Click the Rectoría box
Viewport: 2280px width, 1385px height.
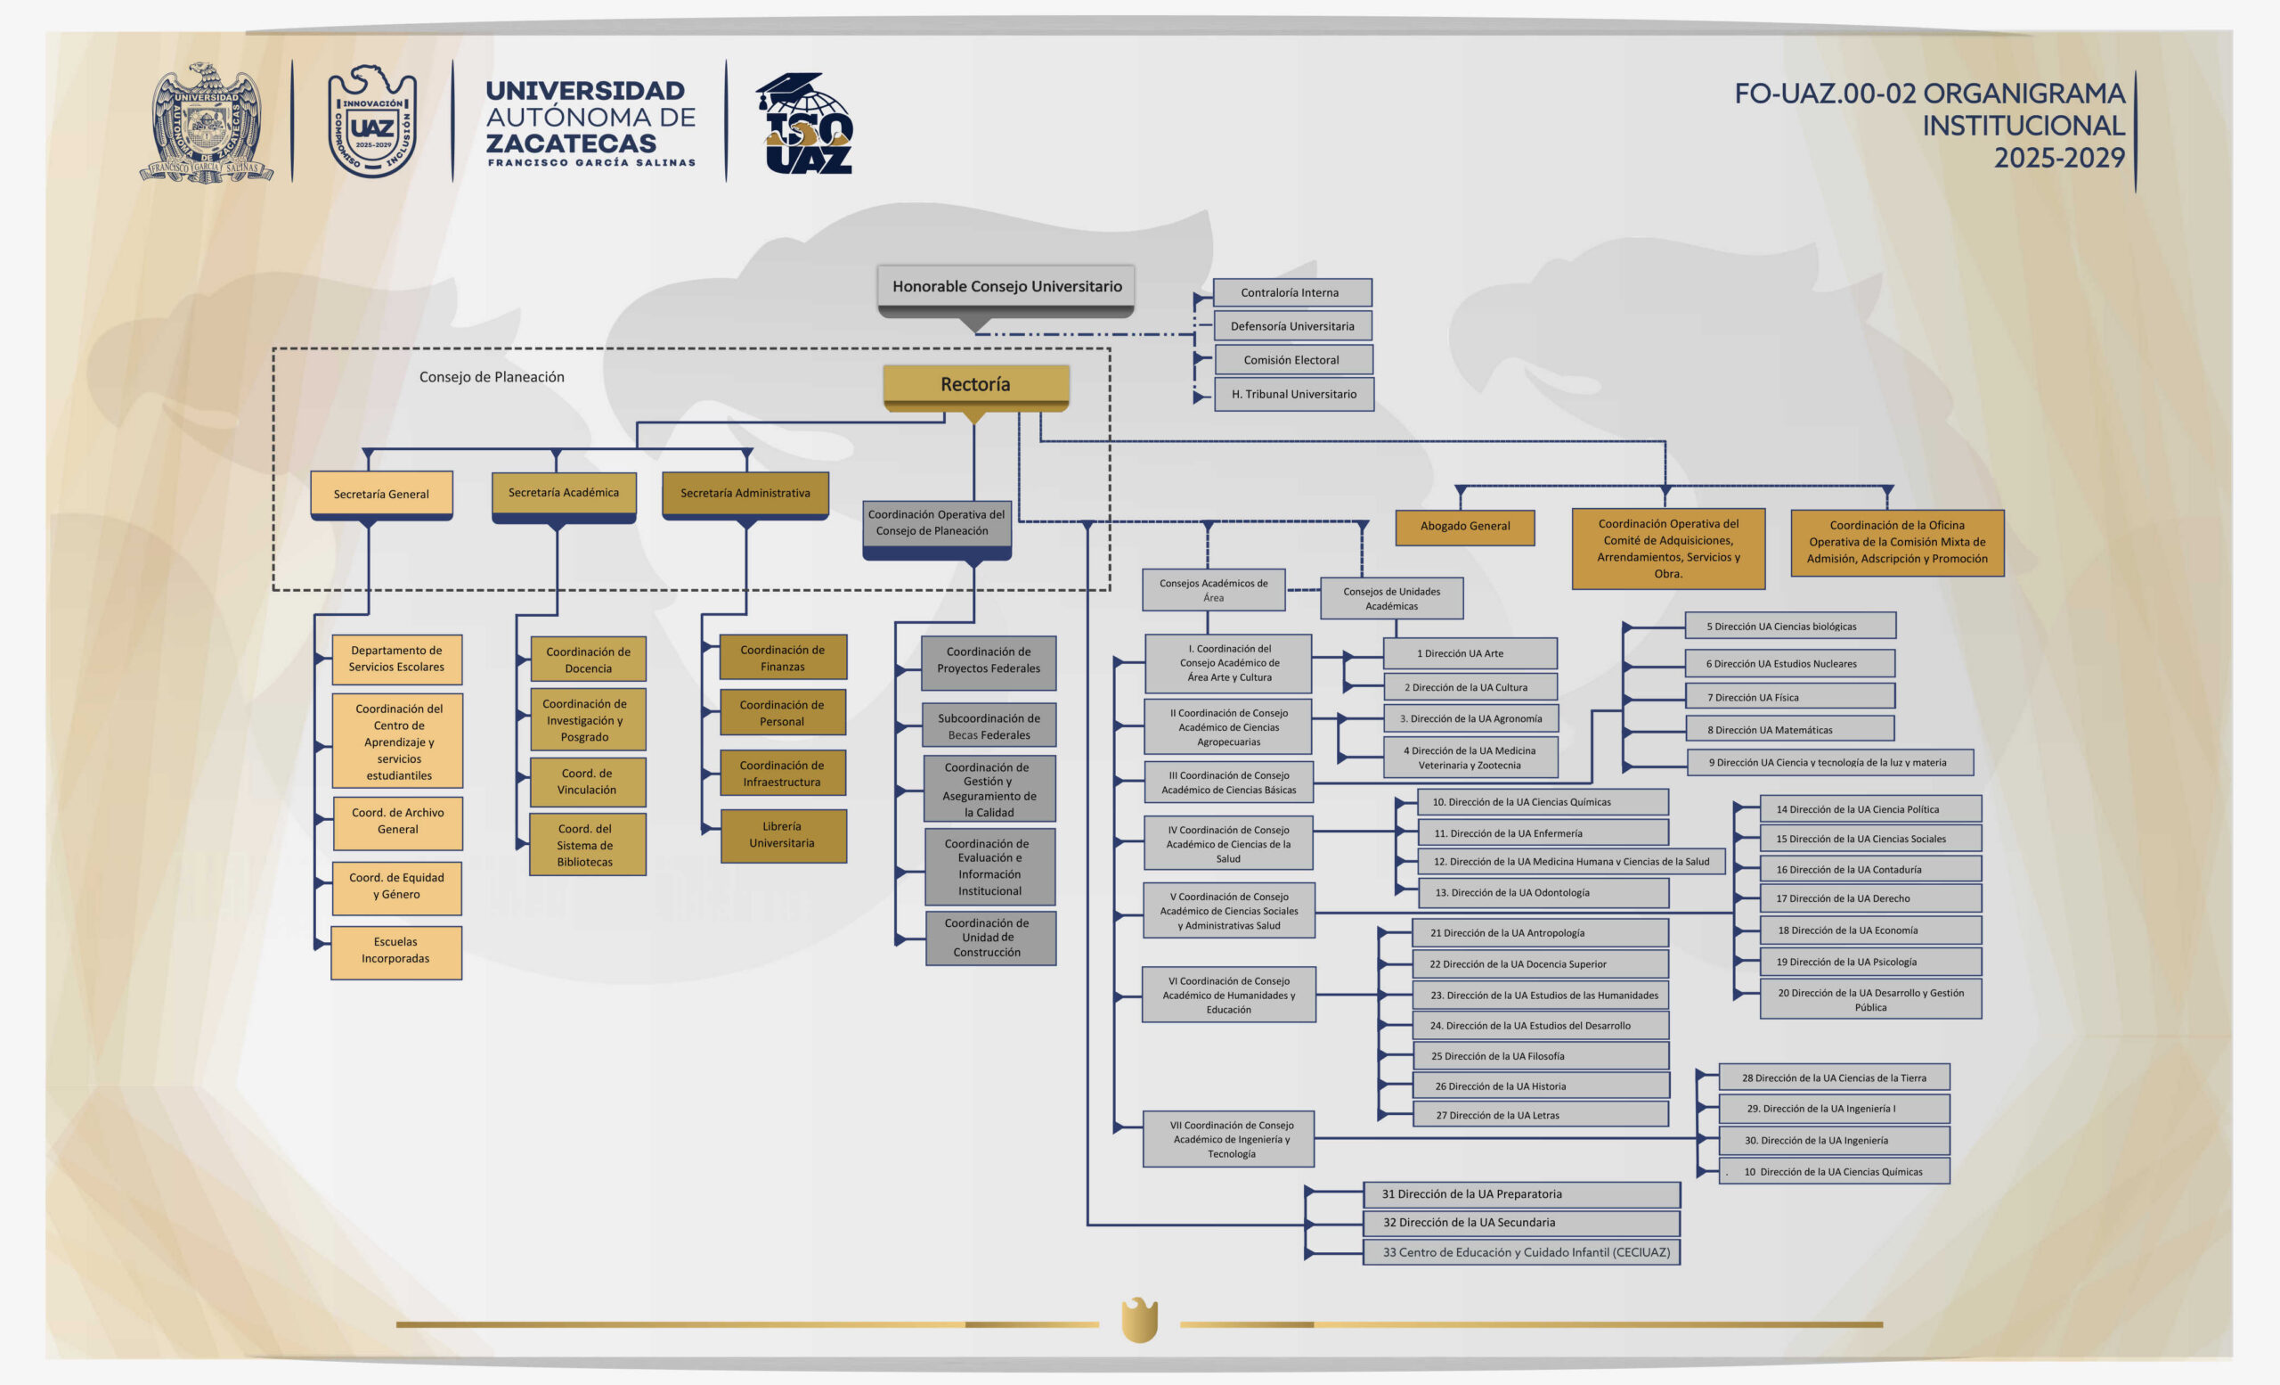(975, 384)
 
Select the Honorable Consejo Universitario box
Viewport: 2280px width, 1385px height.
(1006, 287)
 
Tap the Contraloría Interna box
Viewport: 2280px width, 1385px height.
(1291, 292)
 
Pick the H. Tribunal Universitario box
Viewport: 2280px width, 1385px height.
(1293, 395)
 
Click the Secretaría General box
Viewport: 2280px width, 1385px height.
(381, 495)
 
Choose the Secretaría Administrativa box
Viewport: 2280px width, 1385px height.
(745, 494)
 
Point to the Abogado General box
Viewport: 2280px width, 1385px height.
(1465, 527)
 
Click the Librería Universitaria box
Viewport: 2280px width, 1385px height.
(783, 835)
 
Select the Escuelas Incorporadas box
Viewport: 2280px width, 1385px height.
(396, 951)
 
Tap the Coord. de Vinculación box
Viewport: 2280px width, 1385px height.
(588, 783)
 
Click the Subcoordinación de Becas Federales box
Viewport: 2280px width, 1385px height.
(989, 725)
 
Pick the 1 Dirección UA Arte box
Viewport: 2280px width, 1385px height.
(1470, 653)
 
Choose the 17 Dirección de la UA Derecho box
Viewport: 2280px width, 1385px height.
(1869, 899)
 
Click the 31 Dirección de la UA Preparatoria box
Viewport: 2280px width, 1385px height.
(1521, 1194)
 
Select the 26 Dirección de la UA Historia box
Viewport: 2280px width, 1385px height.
(1540, 1086)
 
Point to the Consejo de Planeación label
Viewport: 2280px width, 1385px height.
(492, 377)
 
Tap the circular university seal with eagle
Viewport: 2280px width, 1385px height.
(208, 122)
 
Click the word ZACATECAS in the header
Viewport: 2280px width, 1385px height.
(571, 143)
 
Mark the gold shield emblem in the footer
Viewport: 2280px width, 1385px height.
(1139, 1319)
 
